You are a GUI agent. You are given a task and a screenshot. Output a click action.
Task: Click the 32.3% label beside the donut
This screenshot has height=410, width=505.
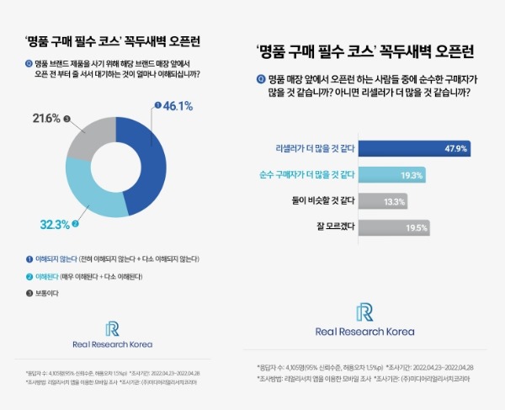[55, 225]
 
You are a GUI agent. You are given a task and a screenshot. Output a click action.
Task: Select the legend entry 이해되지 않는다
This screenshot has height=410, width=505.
[51, 258]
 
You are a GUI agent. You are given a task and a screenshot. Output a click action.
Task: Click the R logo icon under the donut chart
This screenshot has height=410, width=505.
[112, 328]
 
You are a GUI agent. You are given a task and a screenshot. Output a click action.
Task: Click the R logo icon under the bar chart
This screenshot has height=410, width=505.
[364, 312]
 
